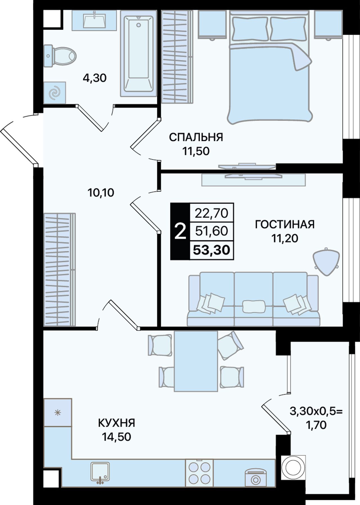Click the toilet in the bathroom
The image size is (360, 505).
[60, 56]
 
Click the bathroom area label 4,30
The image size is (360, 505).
[94, 78]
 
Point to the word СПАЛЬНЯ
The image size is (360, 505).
[196, 137]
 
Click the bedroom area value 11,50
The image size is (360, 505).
[196, 151]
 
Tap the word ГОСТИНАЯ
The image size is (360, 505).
[285, 224]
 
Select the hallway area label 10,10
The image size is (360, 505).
[101, 193]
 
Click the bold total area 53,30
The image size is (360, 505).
[211, 250]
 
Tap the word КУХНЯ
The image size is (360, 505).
[116, 423]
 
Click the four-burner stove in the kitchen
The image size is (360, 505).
[199, 473]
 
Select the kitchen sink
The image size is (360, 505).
[100, 473]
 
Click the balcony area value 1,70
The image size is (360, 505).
[316, 425]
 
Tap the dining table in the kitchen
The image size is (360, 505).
[196, 361]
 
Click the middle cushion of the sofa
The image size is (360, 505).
[254, 306]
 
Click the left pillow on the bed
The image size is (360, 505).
[249, 28]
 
